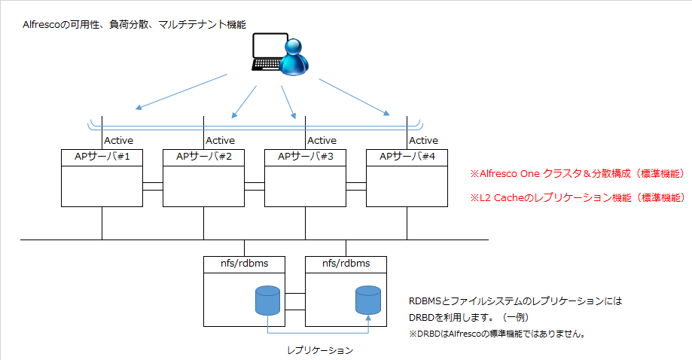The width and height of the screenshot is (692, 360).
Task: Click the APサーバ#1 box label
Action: (x=102, y=156)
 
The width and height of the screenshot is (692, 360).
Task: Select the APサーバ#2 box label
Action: (x=204, y=156)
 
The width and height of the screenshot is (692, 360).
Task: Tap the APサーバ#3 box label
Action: (x=306, y=156)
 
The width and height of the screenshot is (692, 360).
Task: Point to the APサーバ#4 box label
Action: (x=407, y=156)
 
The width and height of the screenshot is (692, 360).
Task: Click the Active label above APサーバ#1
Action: (x=119, y=140)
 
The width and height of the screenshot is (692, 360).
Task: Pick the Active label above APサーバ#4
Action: (x=424, y=140)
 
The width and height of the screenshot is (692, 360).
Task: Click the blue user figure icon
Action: (x=294, y=57)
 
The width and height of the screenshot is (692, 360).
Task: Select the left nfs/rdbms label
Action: (x=245, y=264)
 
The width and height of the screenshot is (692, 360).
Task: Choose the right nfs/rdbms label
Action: (x=346, y=264)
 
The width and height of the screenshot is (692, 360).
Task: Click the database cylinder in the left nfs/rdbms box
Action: (x=268, y=301)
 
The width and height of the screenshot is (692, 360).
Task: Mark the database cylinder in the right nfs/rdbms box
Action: (x=368, y=301)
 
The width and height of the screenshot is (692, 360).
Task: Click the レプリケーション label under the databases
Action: (x=320, y=350)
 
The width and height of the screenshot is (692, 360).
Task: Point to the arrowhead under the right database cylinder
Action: (x=368, y=318)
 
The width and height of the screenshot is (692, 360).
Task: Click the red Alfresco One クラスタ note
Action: (x=578, y=173)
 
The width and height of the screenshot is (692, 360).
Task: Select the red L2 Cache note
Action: (x=578, y=197)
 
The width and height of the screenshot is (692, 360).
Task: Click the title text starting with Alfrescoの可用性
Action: (x=134, y=24)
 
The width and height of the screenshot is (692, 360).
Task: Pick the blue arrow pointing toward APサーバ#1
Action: (x=181, y=92)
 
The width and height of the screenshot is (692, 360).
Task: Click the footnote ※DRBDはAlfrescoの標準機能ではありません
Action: (x=498, y=334)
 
